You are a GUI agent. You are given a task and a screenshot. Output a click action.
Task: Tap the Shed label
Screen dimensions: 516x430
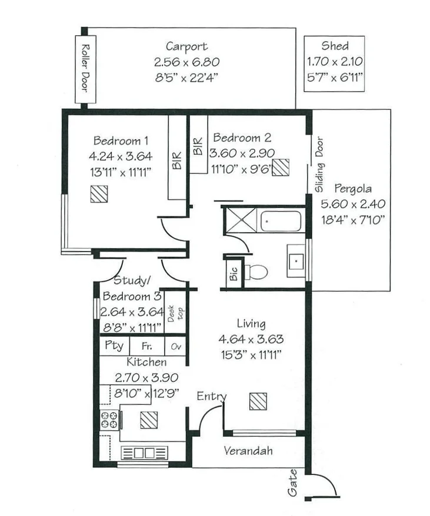tap(334, 46)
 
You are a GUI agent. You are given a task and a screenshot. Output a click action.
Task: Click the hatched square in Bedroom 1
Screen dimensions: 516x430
tap(98, 194)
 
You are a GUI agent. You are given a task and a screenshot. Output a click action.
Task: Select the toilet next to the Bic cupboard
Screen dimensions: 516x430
tap(256, 272)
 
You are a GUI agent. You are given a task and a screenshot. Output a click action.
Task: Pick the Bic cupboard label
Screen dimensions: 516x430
tap(234, 274)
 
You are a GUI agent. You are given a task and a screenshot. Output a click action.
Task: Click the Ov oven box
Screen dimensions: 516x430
tap(175, 346)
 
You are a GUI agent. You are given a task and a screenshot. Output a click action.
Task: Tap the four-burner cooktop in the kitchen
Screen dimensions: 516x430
tap(110, 420)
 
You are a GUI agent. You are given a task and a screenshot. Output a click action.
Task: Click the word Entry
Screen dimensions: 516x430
tap(211, 396)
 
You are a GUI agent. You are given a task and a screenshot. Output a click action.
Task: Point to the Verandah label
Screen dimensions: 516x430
tap(248, 451)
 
